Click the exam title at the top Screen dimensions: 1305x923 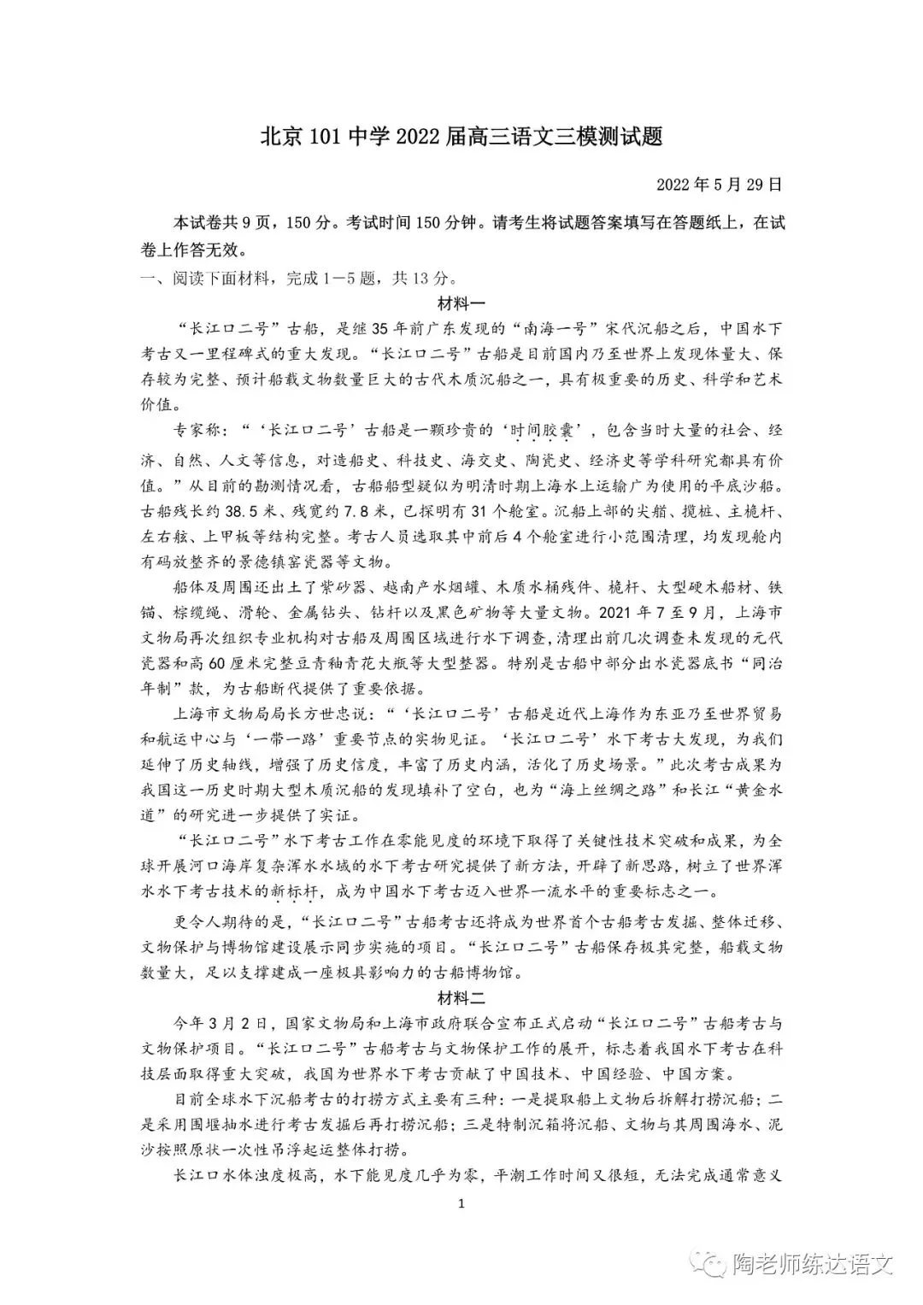coord(461,137)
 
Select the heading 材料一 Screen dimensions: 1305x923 coord(461,303)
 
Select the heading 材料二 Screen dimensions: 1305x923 coord(461,996)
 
